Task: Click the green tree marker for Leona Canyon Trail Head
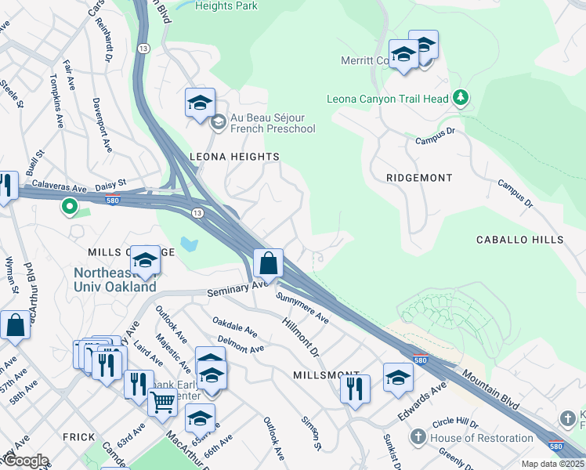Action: [x=461, y=98]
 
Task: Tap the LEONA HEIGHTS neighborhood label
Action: [x=234, y=157]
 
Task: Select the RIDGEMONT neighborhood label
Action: [x=419, y=178]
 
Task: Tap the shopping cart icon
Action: [x=163, y=403]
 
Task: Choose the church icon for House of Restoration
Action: [x=419, y=437]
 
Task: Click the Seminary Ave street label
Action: [x=237, y=290]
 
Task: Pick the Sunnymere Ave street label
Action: [x=302, y=306]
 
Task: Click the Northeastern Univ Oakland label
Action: [x=115, y=280]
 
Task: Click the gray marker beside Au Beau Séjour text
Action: [x=219, y=121]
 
